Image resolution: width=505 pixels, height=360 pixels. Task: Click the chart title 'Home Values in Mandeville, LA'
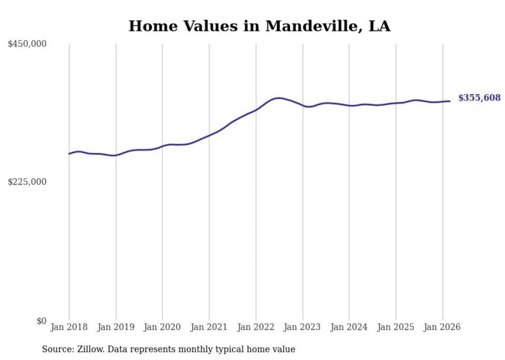click(259, 26)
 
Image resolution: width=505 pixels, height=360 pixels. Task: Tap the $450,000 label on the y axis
click(27, 44)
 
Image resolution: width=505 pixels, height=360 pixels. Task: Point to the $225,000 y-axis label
click(27, 182)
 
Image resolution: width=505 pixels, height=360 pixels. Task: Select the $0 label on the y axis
click(41, 321)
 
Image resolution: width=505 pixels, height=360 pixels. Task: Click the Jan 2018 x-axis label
click(69, 327)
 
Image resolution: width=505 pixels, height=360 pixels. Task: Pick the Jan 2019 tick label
click(116, 327)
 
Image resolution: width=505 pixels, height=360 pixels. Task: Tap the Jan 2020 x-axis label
click(162, 327)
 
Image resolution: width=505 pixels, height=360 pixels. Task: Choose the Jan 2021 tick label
click(209, 327)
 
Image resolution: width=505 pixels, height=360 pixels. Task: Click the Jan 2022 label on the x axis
click(256, 327)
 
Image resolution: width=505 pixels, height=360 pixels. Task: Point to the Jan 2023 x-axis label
click(302, 327)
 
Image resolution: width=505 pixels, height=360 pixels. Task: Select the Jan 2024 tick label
click(349, 327)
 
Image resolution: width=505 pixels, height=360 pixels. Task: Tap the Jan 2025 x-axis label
click(396, 327)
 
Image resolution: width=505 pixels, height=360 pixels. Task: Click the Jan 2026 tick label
click(443, 327)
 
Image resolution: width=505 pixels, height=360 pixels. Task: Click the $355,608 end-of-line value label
click(479, 98)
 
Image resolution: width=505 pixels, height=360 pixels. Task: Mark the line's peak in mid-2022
click(279, 98)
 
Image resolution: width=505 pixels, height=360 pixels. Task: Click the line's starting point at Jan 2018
click(69, 153)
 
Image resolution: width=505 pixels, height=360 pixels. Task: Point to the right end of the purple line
click(450, 101)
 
